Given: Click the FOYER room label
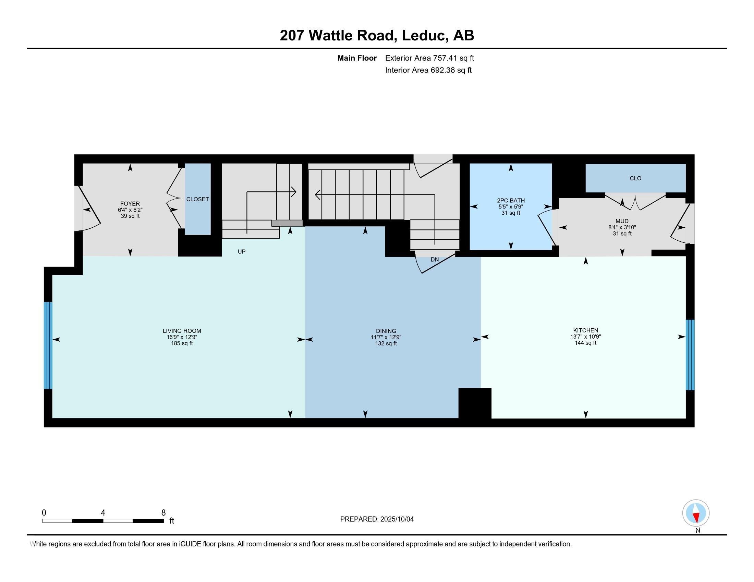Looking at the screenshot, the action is pyautogui.click(x=130, y=204).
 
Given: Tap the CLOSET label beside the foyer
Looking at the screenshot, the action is pyautogui.click(x=197, y=199).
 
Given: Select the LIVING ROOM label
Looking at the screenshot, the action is pyautogui.click(x=182, y=331).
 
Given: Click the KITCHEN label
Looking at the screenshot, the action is pyautogui.click(x=585, y=330).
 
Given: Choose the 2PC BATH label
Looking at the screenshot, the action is pyautogui.click(x=511, y=201).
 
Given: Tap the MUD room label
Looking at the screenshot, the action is pyautogui.click(x=622, y=222).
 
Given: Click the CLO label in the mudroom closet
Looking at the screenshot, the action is pyautogui.click(x=635, y=178).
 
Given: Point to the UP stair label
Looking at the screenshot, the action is pyautogui.click(x=242, y=252).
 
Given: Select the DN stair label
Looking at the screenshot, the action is pyautogui.click(x=435, y=260).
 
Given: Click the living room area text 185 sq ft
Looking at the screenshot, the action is pyautogui.click(x=182, y=343).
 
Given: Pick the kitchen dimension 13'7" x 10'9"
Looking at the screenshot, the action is pyautogui.click(x=585, y=337).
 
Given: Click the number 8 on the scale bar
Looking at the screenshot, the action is pyautogui.click(x=163, y=513).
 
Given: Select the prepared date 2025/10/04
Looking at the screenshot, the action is pyautogui.click(x=397, y=519).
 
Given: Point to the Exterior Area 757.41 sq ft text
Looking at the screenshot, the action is pyautogui.click(x=429, y=58).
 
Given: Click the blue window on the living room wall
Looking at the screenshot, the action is pyautogui.click(x=48, y=345).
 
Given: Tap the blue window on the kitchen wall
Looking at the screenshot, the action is pyautogui.click(x=690, y=355).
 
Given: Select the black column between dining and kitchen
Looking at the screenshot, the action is pyautogui.click(x=475, y=403).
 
